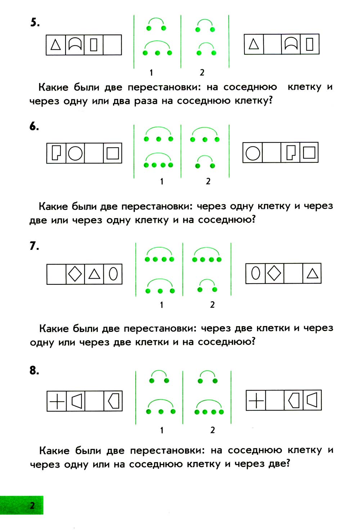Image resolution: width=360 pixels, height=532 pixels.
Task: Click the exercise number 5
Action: pos(35,23)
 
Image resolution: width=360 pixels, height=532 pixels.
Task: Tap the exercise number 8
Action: pos(34,370)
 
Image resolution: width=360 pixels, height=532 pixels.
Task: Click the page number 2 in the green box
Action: pos(32,505)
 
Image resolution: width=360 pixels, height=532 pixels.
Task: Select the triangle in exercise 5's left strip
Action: pos(55,45)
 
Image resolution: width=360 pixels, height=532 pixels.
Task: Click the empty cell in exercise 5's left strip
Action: pos(112,45)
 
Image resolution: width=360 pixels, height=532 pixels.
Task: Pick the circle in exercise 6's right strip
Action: pos(253,153)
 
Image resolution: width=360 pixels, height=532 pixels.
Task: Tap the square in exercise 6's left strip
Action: pos(113,153)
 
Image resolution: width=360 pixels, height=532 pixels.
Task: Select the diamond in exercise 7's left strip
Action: pos(75,274)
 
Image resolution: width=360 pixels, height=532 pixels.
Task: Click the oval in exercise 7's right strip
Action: pos(255,273)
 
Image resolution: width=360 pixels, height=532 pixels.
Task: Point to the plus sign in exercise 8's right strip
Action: pos(256,400)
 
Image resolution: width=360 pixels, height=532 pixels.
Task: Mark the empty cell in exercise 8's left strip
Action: pos(94,401)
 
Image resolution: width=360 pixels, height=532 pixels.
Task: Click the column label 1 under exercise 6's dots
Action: pos(162,181)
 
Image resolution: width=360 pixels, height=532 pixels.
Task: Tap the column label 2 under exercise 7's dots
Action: pos(212,305)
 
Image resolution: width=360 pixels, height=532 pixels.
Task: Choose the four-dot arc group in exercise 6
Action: pos(158,161)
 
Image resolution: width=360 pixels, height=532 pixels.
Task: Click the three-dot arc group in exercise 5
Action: pos(157,48)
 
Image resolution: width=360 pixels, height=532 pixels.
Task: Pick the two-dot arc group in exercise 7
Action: pos(207,285)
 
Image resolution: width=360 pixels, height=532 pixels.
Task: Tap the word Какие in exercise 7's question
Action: pos(54,329)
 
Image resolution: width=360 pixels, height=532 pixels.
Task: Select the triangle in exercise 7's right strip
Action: pos(312,274)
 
